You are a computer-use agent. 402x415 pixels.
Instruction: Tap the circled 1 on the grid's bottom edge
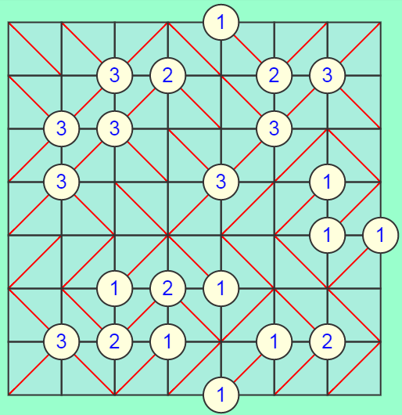click(221, 395)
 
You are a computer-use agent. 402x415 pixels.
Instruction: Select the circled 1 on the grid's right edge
click(380, 235)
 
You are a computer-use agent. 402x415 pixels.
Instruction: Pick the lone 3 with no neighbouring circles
click(221, 182)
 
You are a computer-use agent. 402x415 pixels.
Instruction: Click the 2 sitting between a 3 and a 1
click(115, 341)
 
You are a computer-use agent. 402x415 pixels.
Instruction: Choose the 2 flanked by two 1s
click(168, 288)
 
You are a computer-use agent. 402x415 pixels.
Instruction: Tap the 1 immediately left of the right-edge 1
click(328, 235)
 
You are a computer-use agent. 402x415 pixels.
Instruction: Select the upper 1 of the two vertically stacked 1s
click(328, 182)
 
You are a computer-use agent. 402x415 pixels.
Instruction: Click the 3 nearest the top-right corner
click(328, 76)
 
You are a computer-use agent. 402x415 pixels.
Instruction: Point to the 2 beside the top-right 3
click(275, 76)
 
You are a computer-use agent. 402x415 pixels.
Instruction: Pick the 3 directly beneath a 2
click(275, 129)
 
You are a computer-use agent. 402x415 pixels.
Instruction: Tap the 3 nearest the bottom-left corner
click(62, 341)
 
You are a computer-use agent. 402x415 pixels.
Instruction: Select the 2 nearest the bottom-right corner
click(328, 341)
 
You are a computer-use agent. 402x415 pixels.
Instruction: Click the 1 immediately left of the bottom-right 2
click(275, 341)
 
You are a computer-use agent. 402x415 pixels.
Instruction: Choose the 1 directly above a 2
click(115, 288)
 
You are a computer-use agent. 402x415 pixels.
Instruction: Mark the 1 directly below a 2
click(168, 341)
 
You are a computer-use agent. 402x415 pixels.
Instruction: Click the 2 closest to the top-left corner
click(168, 76)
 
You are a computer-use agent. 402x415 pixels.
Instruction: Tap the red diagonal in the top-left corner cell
click(35, 49)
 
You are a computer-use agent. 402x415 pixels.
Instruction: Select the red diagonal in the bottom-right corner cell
click(354, 368)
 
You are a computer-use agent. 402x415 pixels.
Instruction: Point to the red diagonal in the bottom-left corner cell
click(35, 368)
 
